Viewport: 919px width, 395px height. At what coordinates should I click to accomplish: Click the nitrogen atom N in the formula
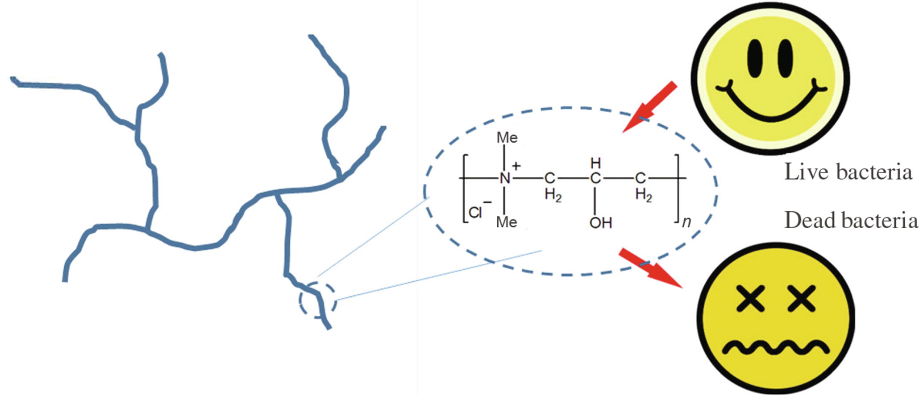[x=505, y=179]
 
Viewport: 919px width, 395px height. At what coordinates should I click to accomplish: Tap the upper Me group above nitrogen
[x=507, y=138]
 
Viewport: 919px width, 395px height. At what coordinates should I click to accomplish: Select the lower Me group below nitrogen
[x=507, y=222]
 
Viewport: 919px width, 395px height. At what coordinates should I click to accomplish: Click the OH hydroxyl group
[x=600, y=222]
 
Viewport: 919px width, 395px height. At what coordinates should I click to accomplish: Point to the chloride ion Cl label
[x=476, y=213]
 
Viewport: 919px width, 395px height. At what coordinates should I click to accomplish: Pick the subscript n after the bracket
[x=686, y=222]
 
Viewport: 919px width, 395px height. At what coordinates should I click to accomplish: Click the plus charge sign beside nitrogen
[x=516, y=166]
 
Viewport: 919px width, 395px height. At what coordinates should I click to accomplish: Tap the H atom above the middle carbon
[x=595, y=163]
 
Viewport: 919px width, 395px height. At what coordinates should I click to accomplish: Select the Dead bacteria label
[x=851, y=220]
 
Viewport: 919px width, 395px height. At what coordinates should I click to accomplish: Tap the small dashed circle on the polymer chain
[x=317, y=300]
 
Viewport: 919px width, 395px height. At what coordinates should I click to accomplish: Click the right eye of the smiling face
[x=785, y=58]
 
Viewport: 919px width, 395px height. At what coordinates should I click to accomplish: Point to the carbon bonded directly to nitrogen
[x=549, y=179]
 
